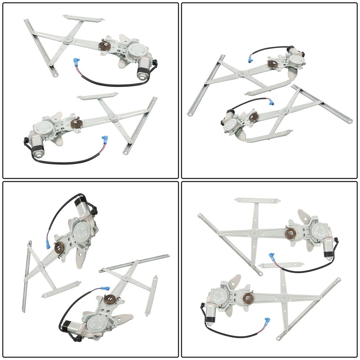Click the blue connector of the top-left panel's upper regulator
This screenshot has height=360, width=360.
click(76, 62)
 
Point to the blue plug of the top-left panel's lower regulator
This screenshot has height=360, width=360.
click(105, 139)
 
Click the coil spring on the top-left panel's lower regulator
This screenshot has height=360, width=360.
click(77, 123)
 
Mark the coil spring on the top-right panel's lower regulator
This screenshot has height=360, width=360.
click(253, 116)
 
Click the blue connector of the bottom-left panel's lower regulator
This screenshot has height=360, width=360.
click(105, 289)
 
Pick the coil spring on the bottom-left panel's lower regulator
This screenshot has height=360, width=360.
click(109, 298)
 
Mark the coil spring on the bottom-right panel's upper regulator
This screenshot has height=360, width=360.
click(290, 233)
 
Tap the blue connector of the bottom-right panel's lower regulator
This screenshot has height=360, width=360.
click(267, 321)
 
